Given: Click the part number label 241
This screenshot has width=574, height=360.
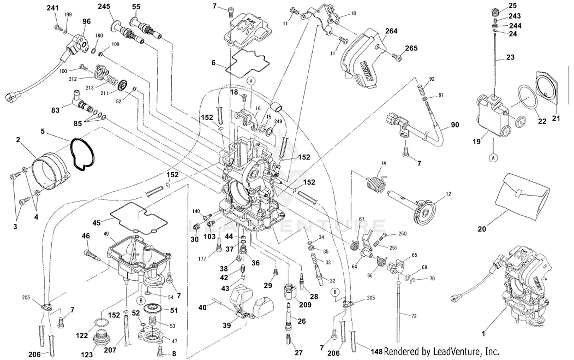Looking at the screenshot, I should (x=52, y=8).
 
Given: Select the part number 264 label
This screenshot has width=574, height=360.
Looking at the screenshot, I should (x=391, y=31).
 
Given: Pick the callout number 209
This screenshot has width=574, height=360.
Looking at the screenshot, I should (x=305, y=305).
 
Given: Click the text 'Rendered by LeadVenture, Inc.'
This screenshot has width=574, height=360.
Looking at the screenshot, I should (x=441, y=351).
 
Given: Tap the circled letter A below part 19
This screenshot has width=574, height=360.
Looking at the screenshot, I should (x=493, y=157).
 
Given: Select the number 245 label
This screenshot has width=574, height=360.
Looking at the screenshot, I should (x=104, y=7).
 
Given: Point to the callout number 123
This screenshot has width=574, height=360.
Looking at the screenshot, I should (x=86, y=355).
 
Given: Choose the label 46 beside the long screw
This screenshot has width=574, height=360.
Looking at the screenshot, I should (x=86, y=236).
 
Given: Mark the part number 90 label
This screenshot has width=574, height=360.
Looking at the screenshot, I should (x=455, y=125).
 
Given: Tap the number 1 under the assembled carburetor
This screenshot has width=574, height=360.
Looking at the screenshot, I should (x=483, y=334).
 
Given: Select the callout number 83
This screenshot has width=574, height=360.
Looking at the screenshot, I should (x=55, y=110).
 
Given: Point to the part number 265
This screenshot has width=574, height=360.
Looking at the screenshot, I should (x=411, y=48).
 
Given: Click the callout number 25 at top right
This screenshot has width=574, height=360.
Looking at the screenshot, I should (x=512, y=5).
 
